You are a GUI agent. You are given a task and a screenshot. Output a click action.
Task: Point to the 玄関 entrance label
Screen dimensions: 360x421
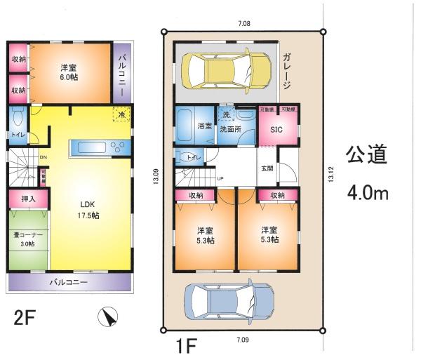pos(267,168)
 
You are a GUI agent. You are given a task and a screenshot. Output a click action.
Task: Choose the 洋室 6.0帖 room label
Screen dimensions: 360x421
pos(68,73)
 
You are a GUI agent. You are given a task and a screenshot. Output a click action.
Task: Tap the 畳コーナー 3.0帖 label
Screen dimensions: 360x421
pos(27,240)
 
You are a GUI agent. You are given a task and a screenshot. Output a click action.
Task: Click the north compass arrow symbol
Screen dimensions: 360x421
pos(109,318)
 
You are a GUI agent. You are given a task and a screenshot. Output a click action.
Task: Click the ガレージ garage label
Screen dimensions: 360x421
pos(288,71)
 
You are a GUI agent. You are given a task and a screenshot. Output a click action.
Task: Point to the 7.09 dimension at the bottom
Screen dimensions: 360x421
pos(242,340)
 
